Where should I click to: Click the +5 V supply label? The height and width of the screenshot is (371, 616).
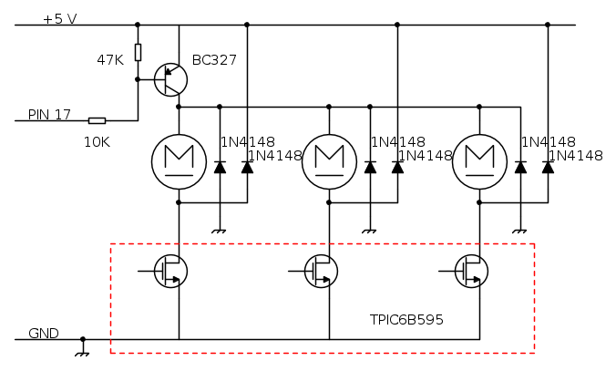point(60,18)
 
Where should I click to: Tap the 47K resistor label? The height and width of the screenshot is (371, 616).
point(110,59)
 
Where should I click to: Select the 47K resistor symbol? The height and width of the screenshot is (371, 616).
point(138,52)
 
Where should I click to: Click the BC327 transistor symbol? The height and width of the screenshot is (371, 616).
point(169,79)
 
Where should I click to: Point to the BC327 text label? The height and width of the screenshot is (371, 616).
point(214,60)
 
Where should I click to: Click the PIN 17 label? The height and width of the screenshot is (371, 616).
point(49,114)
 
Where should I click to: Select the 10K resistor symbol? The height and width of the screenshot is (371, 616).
point(97,120)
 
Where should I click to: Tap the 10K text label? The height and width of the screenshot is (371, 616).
point(98,142)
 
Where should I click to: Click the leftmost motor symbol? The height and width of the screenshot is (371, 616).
point(179,161)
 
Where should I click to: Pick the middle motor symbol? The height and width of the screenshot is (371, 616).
point(329,161)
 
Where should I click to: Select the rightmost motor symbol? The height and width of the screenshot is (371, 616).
point(479,161)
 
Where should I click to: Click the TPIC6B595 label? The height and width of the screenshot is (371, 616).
point(406,321)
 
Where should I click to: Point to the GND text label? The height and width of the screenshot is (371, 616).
point(44,333)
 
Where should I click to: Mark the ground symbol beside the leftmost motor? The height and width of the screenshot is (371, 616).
point(219,232)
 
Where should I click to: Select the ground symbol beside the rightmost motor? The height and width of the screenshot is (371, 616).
point(519,232)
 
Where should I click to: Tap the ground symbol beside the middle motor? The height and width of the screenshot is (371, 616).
point(369,232)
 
